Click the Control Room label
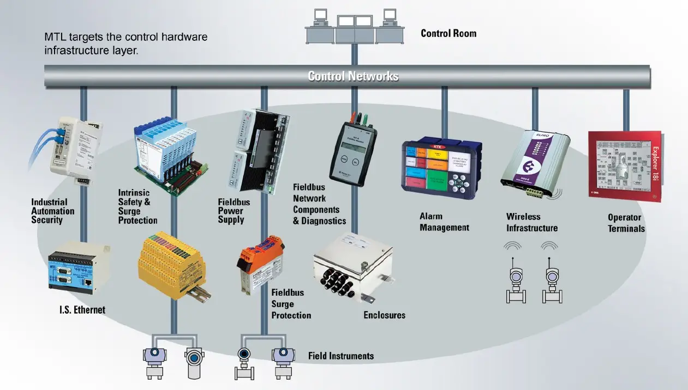click(x=448, y=33)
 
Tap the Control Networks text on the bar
click(x=353, y=76)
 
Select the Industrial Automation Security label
click(x=52, y=211)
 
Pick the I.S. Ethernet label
click(x=82, y=310)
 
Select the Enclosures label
click(x=384, y=315)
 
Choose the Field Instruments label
click(x=341, y=356)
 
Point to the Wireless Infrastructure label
click(x=531, y=223)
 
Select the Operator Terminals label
click(x=626, y=223)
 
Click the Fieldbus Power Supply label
click(x=234, y=211)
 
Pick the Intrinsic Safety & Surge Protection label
click(x=137, y=206)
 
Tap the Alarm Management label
click(x=444, y=222)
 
